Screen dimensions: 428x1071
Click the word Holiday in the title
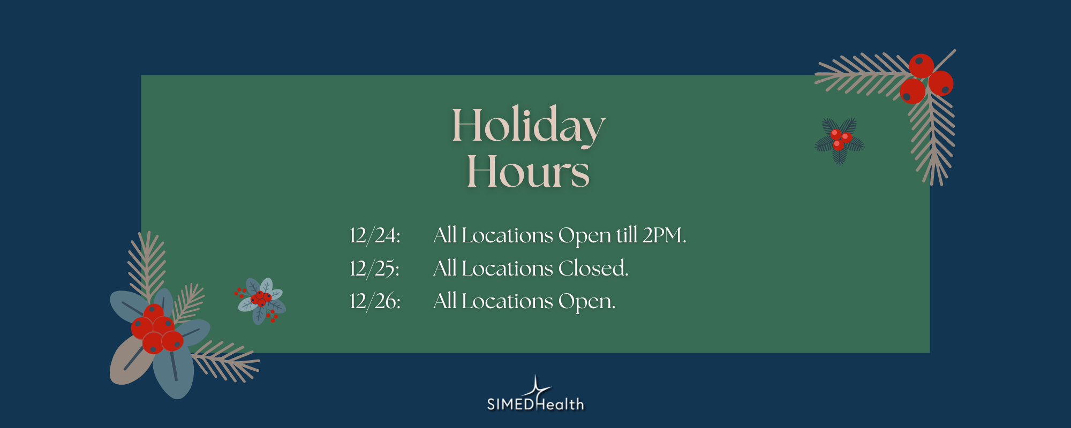[x=528, y=125]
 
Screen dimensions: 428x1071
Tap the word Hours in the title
[x=528, y=172]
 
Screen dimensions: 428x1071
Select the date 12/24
[x=374, y=236]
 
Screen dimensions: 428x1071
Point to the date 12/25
[x=374, y=269]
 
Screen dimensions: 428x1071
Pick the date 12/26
[x=374, y=302]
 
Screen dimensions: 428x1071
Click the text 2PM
[x=664, y=235]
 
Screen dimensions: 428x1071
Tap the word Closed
[x=593, y=269]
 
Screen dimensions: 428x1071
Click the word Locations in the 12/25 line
[x=507, y=269]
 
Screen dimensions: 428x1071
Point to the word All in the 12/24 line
[x=444, y=235]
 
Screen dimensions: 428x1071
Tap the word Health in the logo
[x=560, y=404]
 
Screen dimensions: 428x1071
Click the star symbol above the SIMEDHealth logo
[x=536, y=388]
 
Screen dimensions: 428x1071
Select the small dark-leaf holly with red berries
[x=840, y=140]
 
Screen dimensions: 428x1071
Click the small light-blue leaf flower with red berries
[x=261, y=301]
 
